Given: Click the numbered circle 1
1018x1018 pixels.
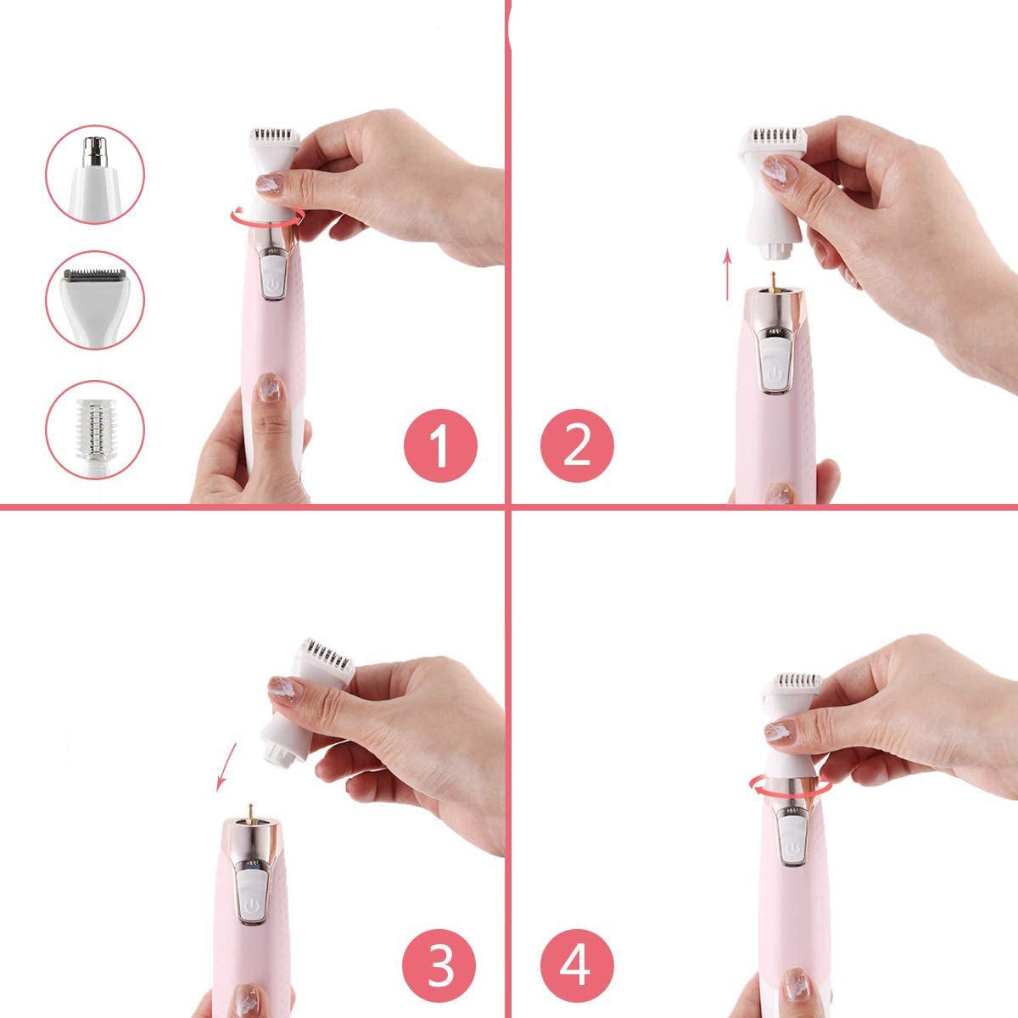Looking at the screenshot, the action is [440, 445].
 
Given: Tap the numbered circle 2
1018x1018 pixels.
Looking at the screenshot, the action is [577, 445].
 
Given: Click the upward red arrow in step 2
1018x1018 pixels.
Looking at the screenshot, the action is [727, 274].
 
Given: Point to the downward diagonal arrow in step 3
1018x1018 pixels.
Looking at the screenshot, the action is [227, 767].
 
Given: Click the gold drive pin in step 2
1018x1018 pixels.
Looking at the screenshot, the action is [773, 281].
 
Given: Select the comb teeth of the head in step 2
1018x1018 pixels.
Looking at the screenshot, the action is [776, 135].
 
